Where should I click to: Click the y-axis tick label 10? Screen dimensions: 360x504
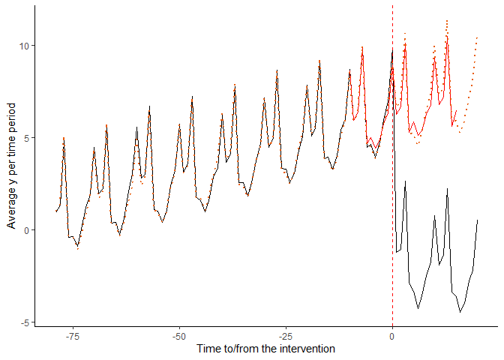click(24, 46)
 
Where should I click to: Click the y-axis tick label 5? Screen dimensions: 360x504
click(27, 138)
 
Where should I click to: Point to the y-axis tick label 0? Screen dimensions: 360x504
click(27, 230)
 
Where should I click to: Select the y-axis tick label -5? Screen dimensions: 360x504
click(25, 322)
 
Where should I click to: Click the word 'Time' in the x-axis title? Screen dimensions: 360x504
click(208, 349)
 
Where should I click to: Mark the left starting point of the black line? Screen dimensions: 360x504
click(55, 211)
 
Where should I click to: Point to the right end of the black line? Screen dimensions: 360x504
click(478, 220)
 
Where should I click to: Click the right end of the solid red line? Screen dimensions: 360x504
click(456, 111)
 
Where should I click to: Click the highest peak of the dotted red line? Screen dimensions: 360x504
click(447, 20)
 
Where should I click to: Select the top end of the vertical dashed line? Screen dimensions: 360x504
click(392, 6)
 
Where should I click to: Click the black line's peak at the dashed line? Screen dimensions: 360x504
click(392, 50)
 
